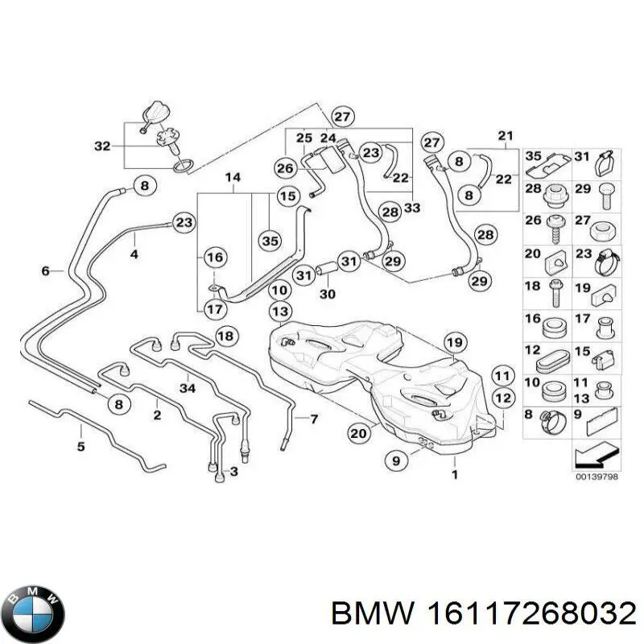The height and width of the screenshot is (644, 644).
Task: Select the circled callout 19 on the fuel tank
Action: pyautogui.click(x=454, y=343)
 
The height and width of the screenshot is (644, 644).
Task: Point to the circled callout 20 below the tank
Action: pyautogui.click(x=359, y=432)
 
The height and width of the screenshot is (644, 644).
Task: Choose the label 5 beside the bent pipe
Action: pyautogui.click(x=80, y=444)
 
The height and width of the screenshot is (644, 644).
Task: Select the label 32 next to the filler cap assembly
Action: pyautogui.click(x=102, y=146)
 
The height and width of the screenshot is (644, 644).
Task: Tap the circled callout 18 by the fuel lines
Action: pyautogui.click(x=227, y=335)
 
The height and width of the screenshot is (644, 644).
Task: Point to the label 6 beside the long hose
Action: pyautogui.click(x=45, y=271)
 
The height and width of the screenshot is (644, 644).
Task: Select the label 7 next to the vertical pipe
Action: pyautogui.click(x=314, y=419)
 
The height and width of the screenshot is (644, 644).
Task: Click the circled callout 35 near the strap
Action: pyautogui.click(x=270, y=240)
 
